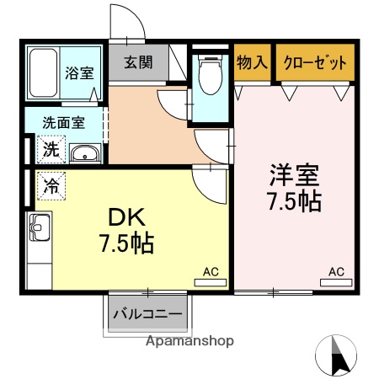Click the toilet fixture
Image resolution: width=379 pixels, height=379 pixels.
coord(208,78)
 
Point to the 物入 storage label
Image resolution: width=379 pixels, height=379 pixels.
coord(253,61)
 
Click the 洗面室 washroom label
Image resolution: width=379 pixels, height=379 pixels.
coord(64,123)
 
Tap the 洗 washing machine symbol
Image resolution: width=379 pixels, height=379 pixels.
coord(51,151)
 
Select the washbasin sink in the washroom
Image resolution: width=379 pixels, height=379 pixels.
coord(83,153)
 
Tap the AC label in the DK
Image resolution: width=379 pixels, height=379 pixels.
coord(211,271)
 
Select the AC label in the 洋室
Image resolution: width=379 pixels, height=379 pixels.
coord(336,271)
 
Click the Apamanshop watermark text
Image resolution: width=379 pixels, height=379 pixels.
coord(189,342)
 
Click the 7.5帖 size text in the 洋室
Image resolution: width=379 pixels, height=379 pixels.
coord(294,202)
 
